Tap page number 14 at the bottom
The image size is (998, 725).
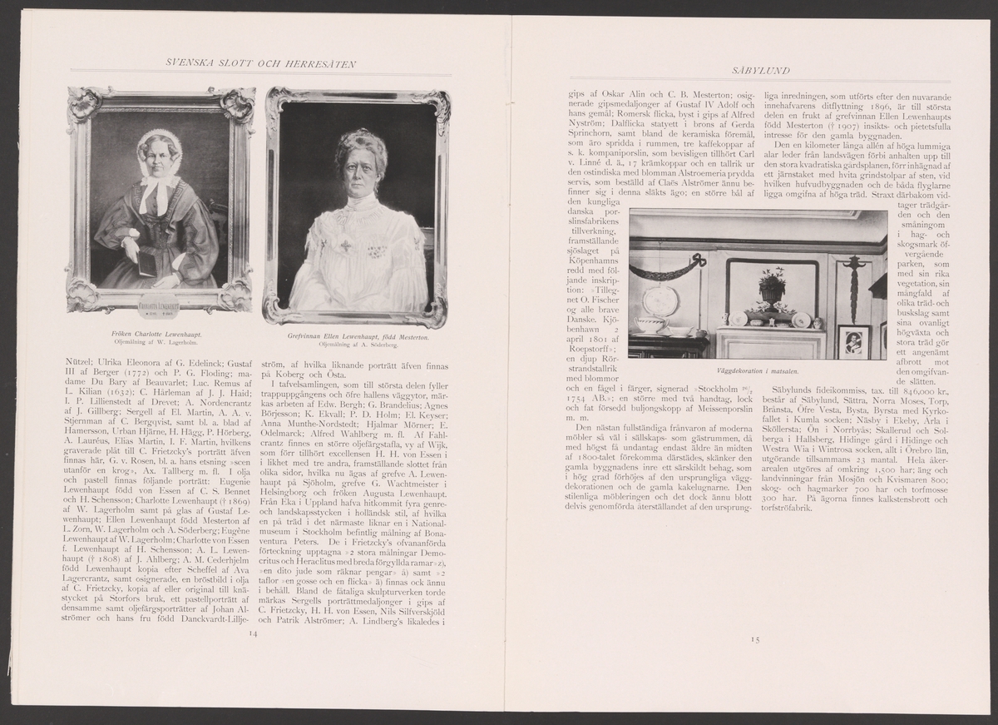click(x=254, y=633)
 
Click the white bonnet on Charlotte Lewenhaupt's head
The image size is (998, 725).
click(x=159, y=143)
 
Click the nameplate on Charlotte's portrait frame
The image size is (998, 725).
click(x=158, y=302)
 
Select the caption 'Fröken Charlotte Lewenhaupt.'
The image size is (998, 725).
click(x=157, y=332)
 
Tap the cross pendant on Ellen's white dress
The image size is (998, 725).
click(x=342, y=247)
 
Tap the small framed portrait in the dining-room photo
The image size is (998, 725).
click(x=853, y=340)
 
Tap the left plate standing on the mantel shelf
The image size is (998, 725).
click(x=736, y=319)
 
